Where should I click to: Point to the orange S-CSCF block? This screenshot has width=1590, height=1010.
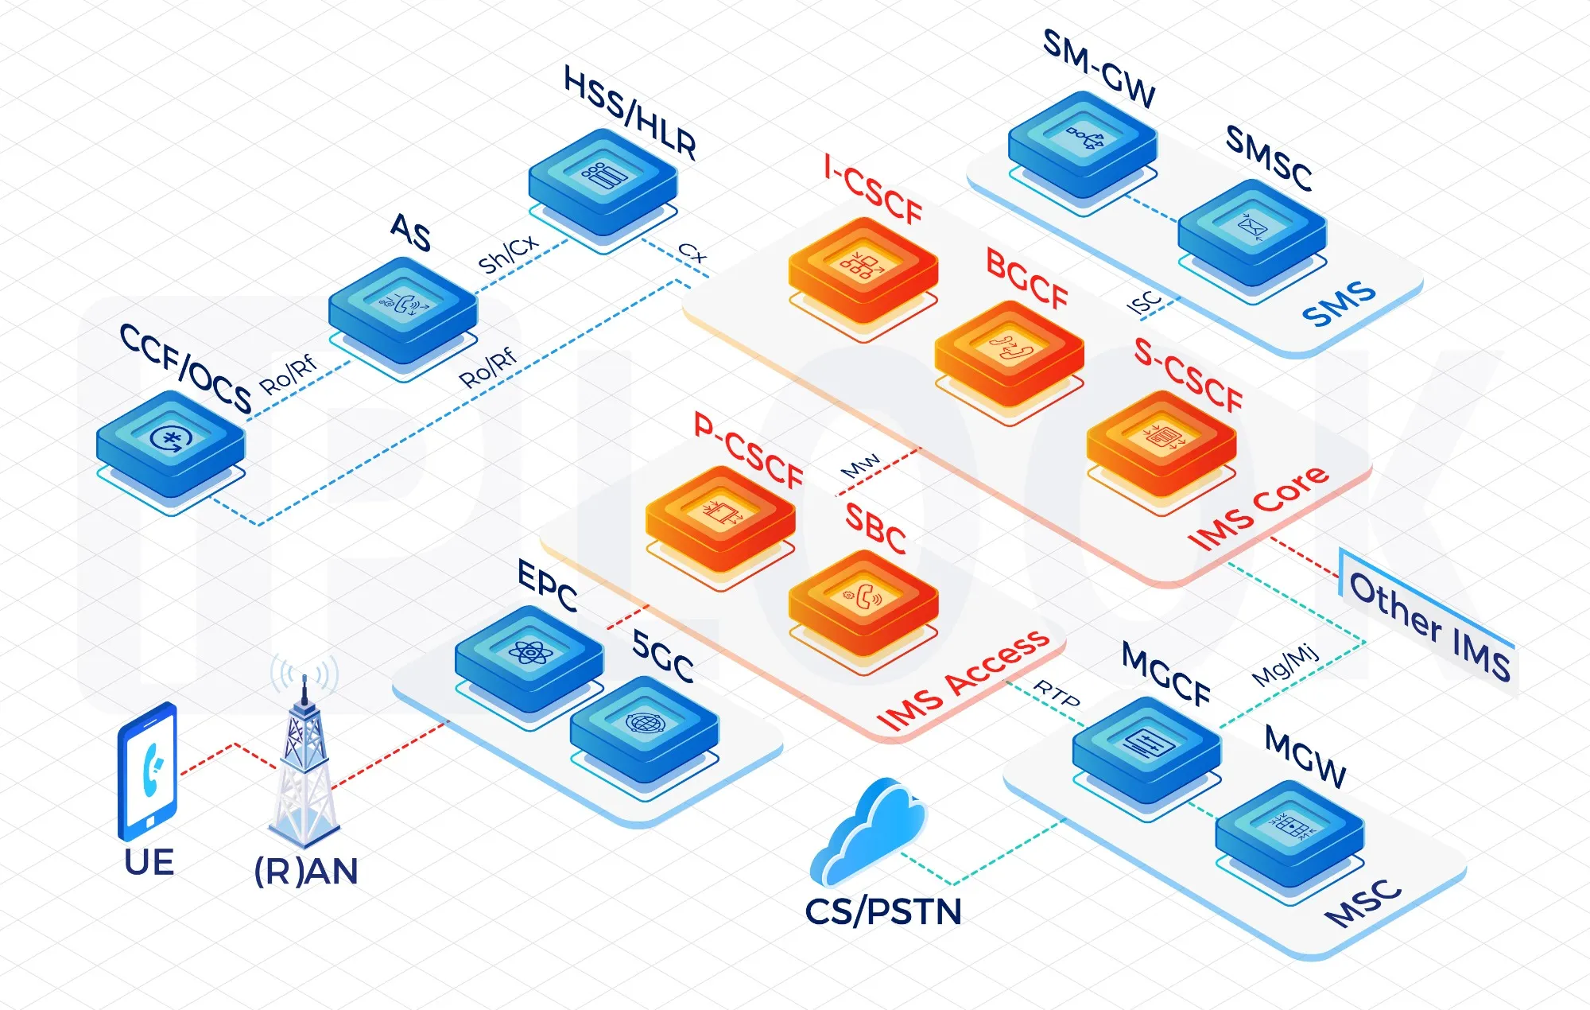(x=1161, y=442)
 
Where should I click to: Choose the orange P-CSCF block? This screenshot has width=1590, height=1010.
(x=720, y=517)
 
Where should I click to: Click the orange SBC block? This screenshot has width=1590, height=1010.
(x=863, y=601)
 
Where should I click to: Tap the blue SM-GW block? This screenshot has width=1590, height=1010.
(x=1082, y=143)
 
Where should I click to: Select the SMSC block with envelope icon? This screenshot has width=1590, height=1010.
(x=1251, y=231)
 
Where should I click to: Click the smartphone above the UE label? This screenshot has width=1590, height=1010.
(x=147, y=771)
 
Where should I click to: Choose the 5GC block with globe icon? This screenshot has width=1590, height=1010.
(x=644, y=728)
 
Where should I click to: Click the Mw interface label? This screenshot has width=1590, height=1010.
(x=860, y=466)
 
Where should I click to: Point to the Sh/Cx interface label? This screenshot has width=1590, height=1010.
(x=507, y=254)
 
